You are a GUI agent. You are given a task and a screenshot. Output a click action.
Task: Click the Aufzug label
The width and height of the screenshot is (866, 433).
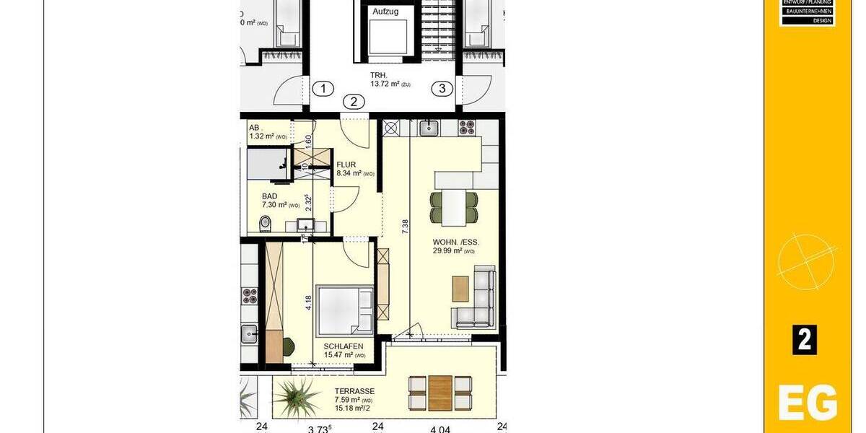[x=386, y=12]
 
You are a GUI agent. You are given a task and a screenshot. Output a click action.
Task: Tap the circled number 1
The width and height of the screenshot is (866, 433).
[x=324, y=89]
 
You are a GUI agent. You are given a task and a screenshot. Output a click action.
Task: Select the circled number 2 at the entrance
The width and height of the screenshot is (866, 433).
[x=354, y=102]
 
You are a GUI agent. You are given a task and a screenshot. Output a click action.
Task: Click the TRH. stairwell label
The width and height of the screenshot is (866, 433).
[x=380, y=74]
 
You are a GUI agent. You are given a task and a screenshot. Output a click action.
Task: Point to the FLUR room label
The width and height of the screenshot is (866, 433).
[x=346, y=165]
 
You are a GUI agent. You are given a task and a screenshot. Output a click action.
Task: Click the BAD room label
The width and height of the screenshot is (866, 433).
[x=270, y=196]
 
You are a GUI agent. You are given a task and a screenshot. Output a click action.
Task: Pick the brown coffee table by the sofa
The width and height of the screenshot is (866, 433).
[x=460, y=289]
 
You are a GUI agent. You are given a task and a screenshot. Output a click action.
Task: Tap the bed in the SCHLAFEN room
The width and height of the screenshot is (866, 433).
[x=345, y=311]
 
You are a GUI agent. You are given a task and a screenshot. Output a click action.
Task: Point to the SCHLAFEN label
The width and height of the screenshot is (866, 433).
[x=343, y=347]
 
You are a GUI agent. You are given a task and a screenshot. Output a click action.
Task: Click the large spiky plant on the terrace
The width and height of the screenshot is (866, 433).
[x=298, y=395]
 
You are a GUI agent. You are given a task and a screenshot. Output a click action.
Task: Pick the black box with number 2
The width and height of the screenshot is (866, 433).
[x=805, y=340]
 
